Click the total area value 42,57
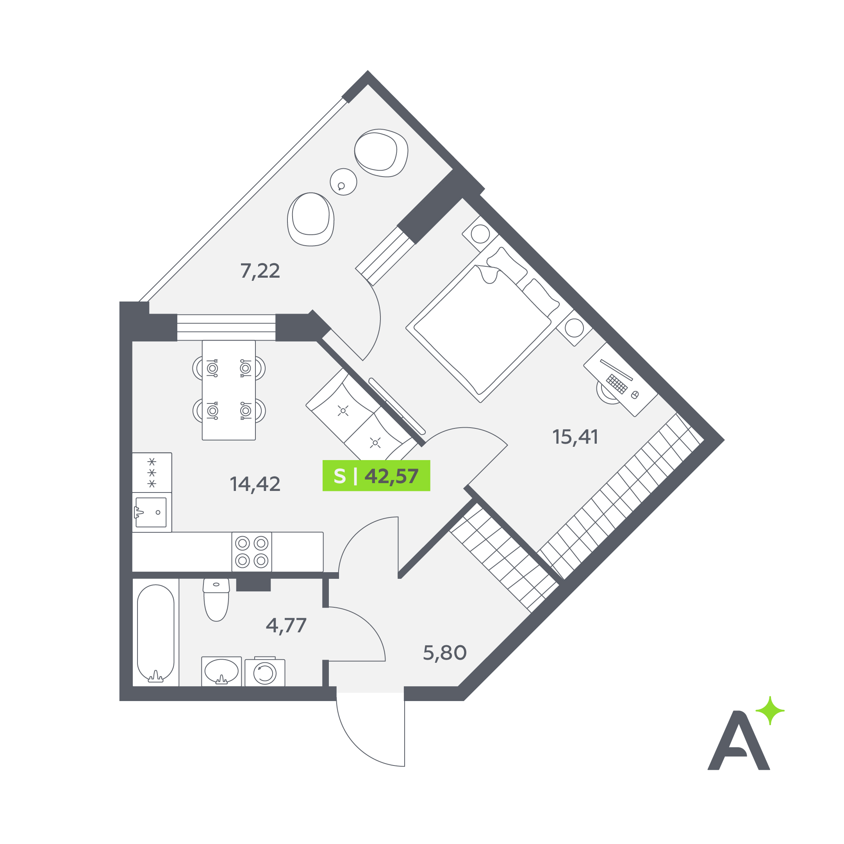click(391, 476)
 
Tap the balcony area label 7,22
click(260, 271)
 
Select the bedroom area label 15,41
click(575, 437)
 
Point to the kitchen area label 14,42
click(255, 484)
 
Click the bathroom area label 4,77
click(286, 626)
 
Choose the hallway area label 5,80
click(445, 653)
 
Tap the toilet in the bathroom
click(216, 600)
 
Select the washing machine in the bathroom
click(265, 672)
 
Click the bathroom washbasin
click(221, 671)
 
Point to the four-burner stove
click(252, 552)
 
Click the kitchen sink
click(151, 512)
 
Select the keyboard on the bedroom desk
click(617, 384)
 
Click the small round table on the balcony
click(343, 182)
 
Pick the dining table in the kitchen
click(229, 390)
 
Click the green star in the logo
click(770, 711)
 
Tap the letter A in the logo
click(739, 741)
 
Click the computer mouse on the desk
click(635, 395)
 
